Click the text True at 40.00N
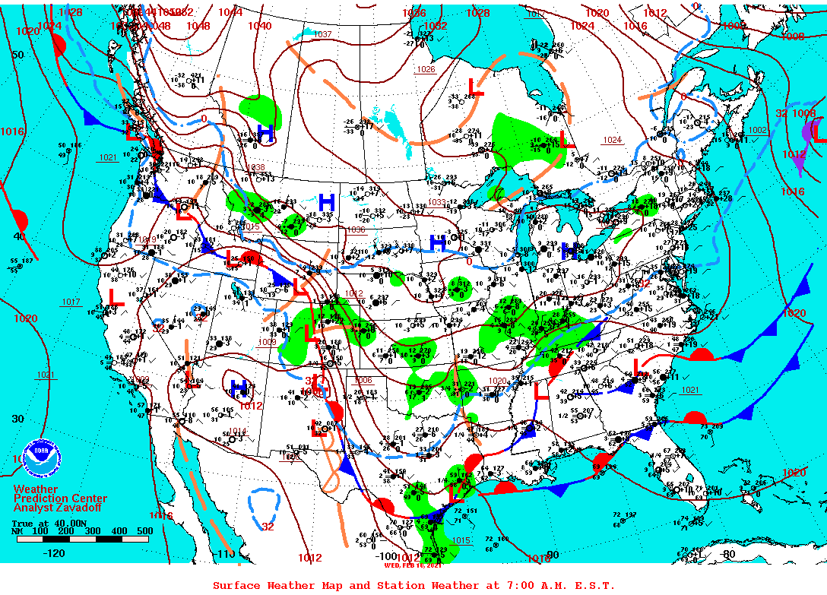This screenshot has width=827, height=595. click(42, 523)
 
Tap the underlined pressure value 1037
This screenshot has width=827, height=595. click(322, 34)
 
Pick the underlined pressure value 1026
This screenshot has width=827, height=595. click(426, 69)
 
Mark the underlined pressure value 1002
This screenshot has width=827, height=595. click(757, 131)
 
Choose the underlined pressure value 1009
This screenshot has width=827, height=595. click(268, 342)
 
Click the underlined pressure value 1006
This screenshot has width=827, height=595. click(363, 380)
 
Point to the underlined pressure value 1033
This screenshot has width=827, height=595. click(436, 202)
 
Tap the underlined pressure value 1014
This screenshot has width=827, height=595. click(239, 432)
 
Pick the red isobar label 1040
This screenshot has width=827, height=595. click(259, 26)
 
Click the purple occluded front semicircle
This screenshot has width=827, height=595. click(808, 132)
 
